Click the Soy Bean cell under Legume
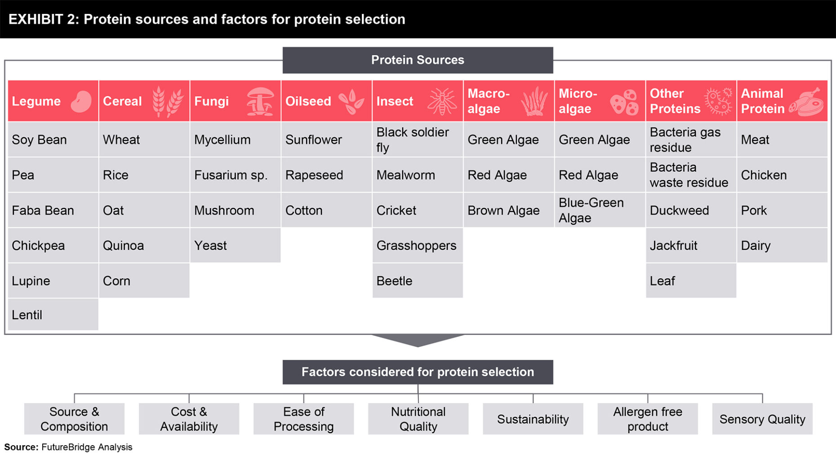(53, 140)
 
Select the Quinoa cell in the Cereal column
(144, 245)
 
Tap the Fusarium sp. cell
(236, 175)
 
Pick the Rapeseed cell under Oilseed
(327, 175)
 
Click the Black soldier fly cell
(418, 140)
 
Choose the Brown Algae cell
(509, 210)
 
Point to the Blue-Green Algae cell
(600, 210)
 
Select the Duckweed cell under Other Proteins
(691, 210)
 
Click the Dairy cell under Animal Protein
(783, 245)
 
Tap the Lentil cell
(53, 314)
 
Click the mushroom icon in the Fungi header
(260, 101)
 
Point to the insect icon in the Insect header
(442, 101)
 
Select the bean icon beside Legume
(81, 102)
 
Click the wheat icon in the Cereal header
(168, 102)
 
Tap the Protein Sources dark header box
(418, 60)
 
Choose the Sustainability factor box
(533, 419)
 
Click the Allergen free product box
(648, 419)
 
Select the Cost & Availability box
(189, 419)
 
